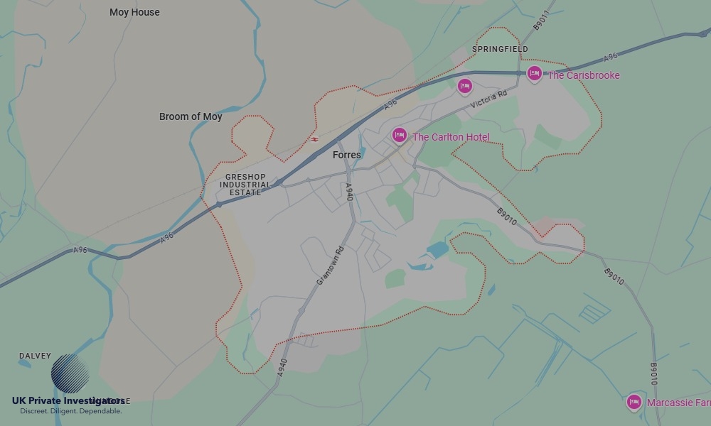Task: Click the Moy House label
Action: [134, 12]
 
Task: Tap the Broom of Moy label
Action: [191, 116]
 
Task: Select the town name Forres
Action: [347, 155]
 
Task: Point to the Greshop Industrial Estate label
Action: [245, 185]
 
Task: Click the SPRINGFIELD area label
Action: [501, 49]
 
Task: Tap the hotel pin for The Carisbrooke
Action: [534, 73]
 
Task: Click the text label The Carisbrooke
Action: [583, 75]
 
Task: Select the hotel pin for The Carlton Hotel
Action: [400, 135]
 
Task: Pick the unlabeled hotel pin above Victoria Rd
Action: [464, 86]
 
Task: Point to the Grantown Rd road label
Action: [330, 266]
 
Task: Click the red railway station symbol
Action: [314, 139]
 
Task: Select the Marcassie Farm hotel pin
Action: [634, 402]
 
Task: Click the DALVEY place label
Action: [35, 356]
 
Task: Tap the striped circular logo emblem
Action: [70, 373]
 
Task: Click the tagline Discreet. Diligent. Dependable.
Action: [70, 411]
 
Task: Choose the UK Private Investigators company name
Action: [68, 400]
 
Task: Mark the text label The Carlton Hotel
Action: [451, 137]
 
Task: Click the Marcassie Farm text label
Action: [678, 403]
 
